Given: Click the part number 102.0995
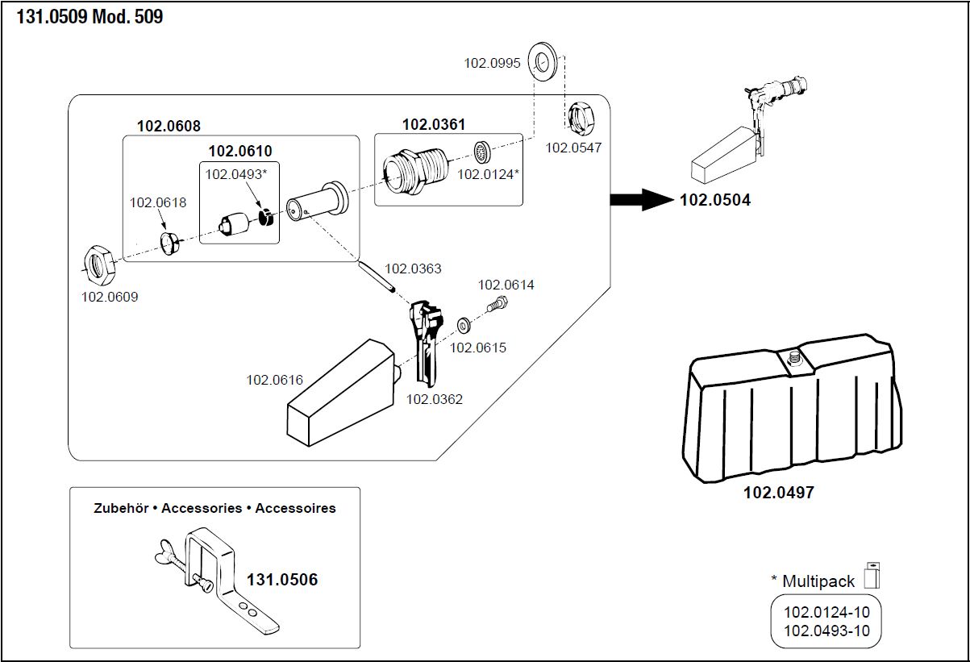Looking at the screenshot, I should [x=492, y=63].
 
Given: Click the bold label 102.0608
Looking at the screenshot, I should [x=169, y=126].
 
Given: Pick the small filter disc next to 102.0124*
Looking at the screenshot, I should [x=482, y=152].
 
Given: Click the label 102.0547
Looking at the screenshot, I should [x=573, y=148].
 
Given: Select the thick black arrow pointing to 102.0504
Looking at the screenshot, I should [x=640, y=200].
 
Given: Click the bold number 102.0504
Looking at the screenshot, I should [x=715, y=200].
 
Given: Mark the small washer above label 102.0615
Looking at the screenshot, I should [x=464, y=326].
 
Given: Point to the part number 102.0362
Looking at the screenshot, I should [x=434, y=399].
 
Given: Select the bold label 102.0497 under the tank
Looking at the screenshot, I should [x=778, y=492].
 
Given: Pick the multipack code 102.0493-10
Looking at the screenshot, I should [x=826, y=631].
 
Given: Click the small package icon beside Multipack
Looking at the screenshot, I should [x=872, y=575].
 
